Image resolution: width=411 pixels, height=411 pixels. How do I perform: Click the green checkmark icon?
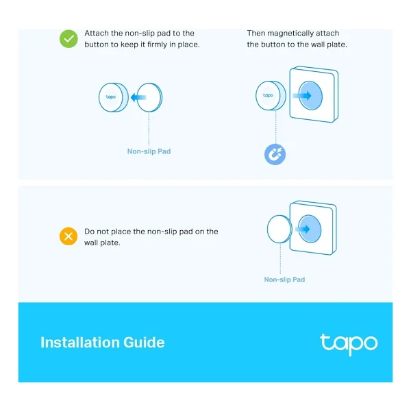click(68, 39)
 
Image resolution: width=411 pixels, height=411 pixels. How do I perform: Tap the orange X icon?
click(68, 236)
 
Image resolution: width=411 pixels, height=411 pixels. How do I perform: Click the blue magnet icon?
click(275, 154)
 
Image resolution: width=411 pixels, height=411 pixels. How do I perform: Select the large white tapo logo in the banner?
click(349, 344)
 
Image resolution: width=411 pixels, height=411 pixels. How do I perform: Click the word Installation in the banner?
click(80, 342)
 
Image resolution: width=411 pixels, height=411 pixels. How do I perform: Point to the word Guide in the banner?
click(144, 342)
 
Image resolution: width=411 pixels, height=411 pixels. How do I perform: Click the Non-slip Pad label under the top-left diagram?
click(149, 151)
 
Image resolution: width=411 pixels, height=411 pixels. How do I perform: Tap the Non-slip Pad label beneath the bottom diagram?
click(284, 279)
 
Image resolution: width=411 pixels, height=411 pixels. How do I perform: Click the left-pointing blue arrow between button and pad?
click(138, 97)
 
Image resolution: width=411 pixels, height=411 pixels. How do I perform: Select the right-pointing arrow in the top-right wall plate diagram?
click(302, 96)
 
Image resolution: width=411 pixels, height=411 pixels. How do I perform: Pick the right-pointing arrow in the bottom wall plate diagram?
click(303, 229)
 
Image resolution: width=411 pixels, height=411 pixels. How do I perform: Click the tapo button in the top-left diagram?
click(114, 97)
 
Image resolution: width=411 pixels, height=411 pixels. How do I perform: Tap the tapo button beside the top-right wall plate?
click(271, 95)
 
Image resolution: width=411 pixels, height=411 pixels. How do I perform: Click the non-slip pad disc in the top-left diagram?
click(149, 97)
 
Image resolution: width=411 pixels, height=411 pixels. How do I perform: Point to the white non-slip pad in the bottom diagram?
click(279, 229)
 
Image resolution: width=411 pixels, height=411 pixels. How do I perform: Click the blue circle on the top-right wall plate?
click(310, 95)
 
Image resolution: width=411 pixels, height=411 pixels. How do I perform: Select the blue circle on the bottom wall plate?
click(310, 229)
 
